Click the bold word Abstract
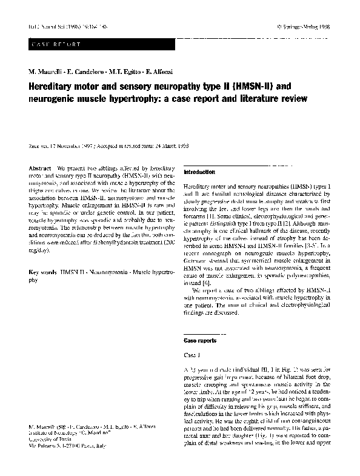pos(40,167)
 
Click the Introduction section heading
pos(199,172)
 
